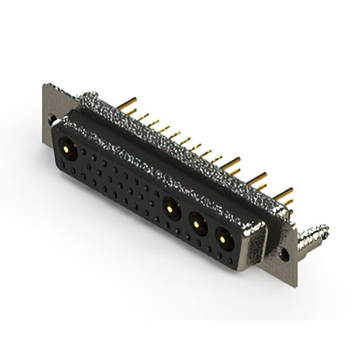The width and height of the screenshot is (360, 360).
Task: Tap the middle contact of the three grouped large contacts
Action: click(x=197, y=224)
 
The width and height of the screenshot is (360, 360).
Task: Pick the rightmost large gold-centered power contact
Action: click(x=224, y=240)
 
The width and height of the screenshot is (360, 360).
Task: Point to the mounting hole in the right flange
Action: click(x=285, y=255)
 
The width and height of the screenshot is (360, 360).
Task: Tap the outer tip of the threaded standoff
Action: click(x=325, y=229)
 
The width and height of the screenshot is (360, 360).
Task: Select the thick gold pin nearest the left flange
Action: click(x=128, y=104)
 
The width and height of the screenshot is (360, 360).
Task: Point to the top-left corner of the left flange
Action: click(x=44, y=84)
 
